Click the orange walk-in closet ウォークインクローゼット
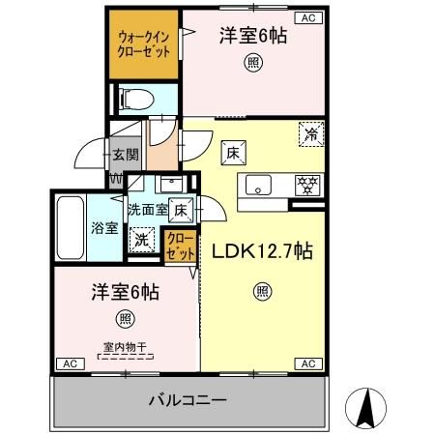point(142,44)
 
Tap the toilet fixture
point(135,98)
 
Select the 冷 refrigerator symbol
point(311,132)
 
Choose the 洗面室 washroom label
point(147,209)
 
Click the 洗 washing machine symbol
point(142,236)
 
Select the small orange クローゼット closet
point(178,246)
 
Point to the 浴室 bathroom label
point(104,228)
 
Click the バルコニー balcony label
point(188,397)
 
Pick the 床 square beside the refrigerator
point(233,152)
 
